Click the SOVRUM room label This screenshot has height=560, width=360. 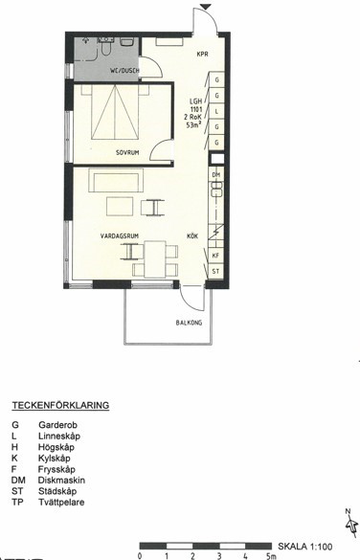coord(127,152)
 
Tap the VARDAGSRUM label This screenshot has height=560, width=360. coord(120,236)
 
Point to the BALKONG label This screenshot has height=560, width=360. coord(189,323)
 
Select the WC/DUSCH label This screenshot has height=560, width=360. coord(124,71)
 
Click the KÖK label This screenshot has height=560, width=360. coord(192,236)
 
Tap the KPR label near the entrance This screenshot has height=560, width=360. coord(202,55)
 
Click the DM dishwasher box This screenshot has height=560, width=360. coord(216,174)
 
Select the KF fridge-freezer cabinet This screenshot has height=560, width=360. coord(215,256)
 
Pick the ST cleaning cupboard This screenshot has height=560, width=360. coord(215,272)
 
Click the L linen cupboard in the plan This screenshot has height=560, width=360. coord(216,111)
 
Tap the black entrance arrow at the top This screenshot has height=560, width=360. coord(206,7)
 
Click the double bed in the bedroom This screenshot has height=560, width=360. coord(115,112)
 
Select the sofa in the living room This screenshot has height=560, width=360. coord(116,180)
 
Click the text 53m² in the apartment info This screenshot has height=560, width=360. coord(193,125)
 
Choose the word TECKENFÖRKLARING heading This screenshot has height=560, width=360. coord(60,406)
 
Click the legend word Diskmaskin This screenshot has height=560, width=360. coord(61,480)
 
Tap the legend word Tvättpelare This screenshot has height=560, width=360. coord(61,503)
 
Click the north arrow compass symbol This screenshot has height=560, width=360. coord(351,525)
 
